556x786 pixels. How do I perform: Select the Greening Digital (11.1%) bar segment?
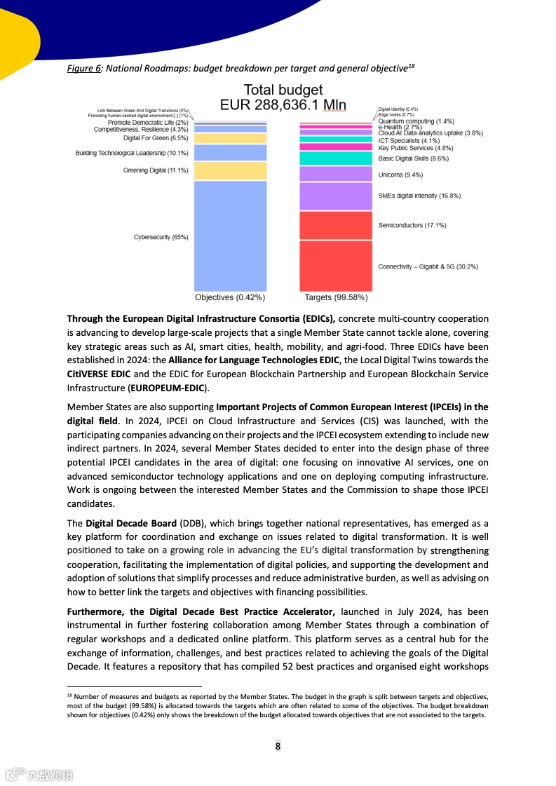click(230, 170)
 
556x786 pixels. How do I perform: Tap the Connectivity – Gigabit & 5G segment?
click(335, 266)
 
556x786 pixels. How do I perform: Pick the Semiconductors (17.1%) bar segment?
click(335, 225)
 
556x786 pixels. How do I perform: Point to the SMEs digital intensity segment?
click(335, 196)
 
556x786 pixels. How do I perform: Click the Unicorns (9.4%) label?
click(400, 175)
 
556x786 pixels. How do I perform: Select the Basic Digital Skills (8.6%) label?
click(414, 158)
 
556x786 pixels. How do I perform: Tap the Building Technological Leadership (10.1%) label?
click(132, 153)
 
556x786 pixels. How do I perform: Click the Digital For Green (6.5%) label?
click(156, 138)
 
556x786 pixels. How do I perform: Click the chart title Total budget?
click(283, 90)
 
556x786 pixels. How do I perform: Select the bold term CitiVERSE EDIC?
click(99, 374)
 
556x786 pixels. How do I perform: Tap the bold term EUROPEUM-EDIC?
click(167, 387)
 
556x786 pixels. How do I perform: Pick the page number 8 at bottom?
click(278, 745)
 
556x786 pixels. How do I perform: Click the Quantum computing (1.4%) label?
click(416, 121)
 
